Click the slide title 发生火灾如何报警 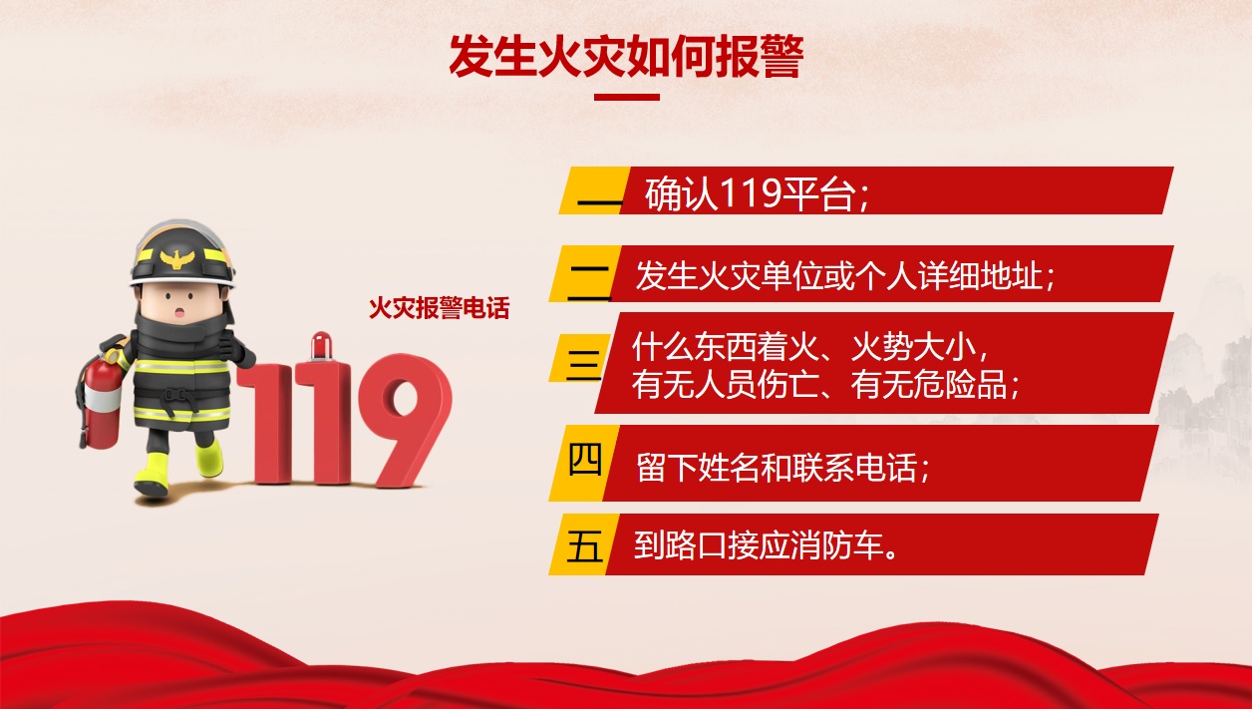[x=626, y=56]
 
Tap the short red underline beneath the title [x=627, y=97]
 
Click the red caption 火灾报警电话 [x=439, y=307]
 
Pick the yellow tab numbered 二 [x=585, y=274]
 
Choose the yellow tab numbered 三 [x=578, y=358]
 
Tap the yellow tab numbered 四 [x=584, y=463]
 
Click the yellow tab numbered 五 [x=584, y=544]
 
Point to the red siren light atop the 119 [x=321, y=347]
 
